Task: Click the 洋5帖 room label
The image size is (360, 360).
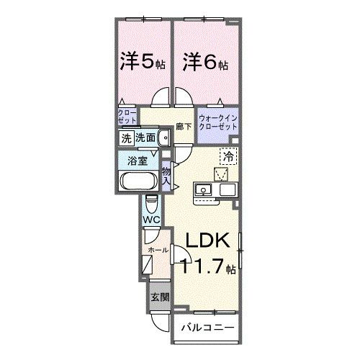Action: [142, 62]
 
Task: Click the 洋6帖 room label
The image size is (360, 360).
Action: [204, 62]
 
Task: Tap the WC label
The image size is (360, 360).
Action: [150, 219]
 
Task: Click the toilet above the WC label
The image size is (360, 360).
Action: [150, 202]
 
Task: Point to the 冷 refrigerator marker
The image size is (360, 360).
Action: [228, 154]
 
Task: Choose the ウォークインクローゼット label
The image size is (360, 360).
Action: [217, 121]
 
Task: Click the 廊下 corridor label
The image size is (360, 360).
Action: [184, 126]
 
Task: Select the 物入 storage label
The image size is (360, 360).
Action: [166, 176]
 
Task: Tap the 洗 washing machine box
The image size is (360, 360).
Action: [125, 139]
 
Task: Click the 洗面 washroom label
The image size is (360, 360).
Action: [145, 139]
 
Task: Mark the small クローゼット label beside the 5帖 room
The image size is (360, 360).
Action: [126, 117]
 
